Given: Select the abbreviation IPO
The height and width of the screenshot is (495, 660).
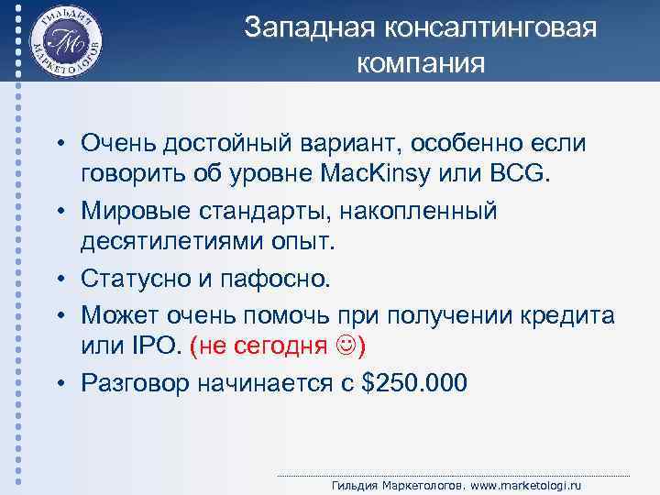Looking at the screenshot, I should pyautogui.click(x=159, y=346).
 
